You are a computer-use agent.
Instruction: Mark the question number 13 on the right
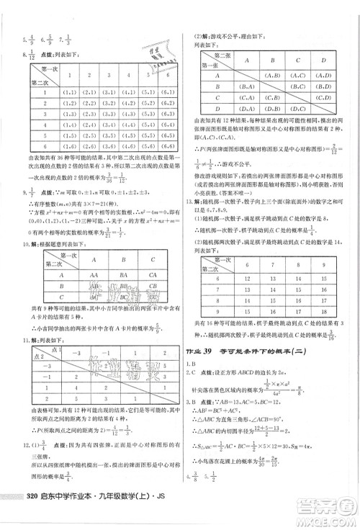pos(189,201)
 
